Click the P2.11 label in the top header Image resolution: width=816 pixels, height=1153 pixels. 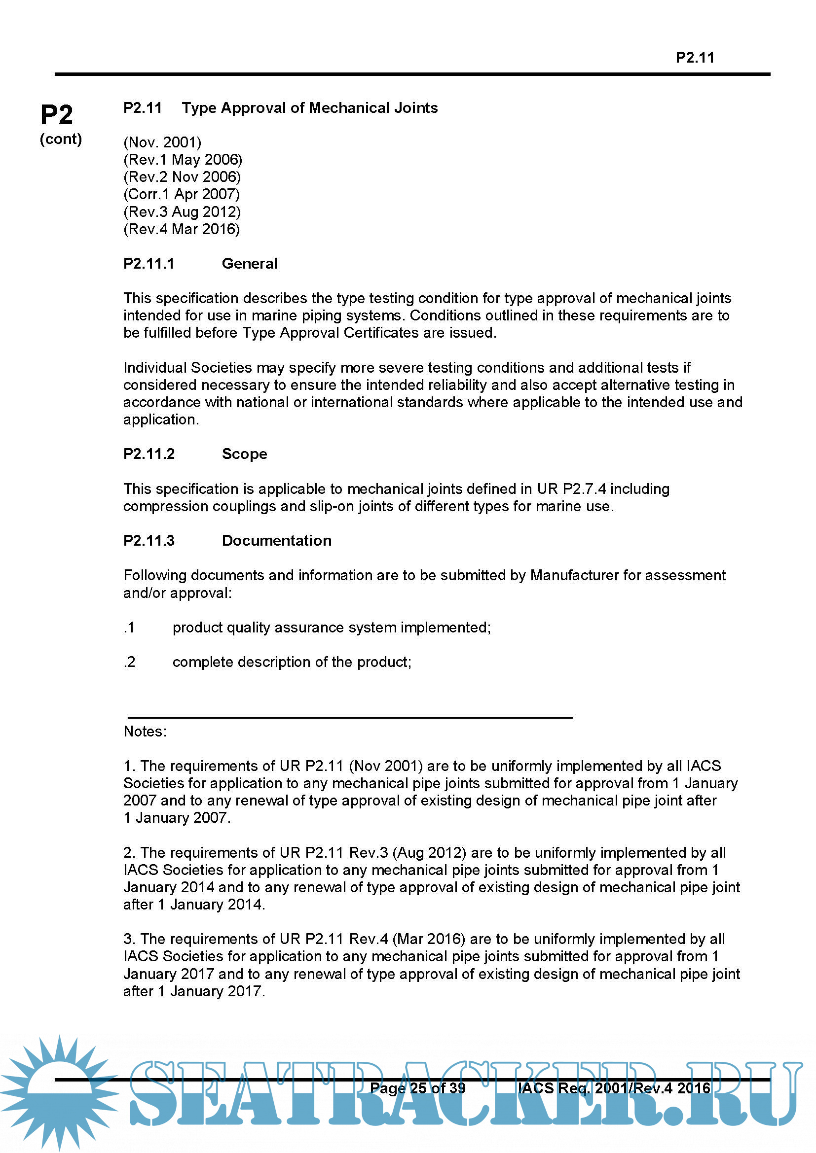click(695, 58)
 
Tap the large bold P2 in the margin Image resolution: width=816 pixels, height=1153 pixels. click(57, 115)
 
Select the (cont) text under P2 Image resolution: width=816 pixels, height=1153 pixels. click(61, 139)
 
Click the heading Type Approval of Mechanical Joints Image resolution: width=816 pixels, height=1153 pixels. click(309, 108)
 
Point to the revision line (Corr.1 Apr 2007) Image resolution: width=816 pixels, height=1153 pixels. click(182, 194)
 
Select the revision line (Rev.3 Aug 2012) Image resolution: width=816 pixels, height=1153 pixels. click(182, 211)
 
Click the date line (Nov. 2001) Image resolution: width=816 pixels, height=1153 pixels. click(162, 142)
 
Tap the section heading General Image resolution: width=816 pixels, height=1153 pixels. click(249, 264)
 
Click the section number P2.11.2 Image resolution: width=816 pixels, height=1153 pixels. click(148, 454)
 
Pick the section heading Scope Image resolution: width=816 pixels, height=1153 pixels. click(244, 454)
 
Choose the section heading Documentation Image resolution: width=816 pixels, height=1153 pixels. click(276, 540)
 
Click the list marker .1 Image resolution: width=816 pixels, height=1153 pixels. click(129, 627)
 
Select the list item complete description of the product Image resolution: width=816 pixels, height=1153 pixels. click(292, 662)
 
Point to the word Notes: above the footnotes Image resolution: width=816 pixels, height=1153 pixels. click(145, 731)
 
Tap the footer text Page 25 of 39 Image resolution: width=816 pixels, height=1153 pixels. click(417, 1088)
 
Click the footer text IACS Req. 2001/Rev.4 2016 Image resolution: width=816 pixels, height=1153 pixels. click(614, 1088)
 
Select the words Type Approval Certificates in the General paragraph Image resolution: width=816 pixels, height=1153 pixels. click(331, 332)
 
